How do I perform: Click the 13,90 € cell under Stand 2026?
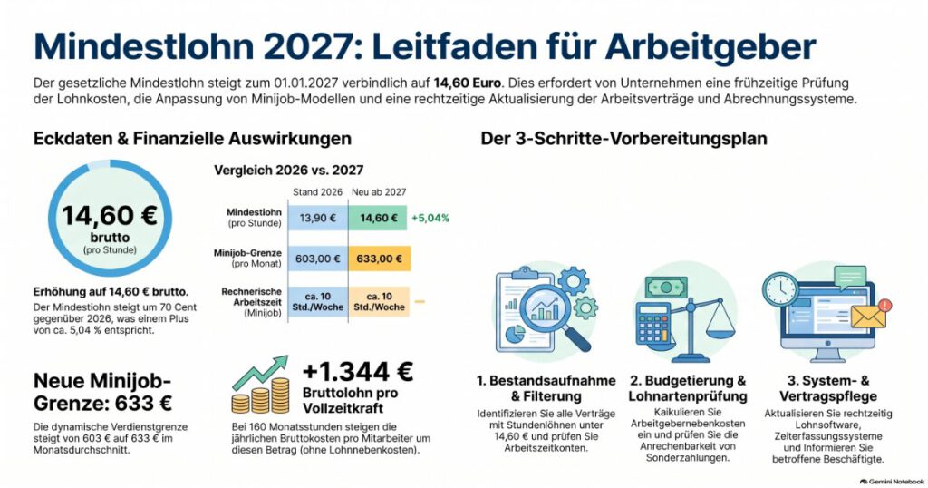318,218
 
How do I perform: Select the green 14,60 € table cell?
378,218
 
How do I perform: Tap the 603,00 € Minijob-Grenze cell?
318,259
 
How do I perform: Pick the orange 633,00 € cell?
380,259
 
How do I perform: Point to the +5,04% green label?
430,218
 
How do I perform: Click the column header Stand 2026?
318,192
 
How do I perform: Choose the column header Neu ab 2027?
379,192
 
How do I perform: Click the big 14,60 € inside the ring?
110,216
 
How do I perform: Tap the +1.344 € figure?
357,371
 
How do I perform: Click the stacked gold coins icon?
260,395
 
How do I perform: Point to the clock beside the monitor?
780,289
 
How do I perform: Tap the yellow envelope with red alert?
870,315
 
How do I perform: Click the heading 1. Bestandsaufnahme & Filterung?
546,388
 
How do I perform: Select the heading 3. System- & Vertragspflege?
828,388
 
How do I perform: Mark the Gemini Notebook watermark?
892,482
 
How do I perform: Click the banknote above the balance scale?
666,288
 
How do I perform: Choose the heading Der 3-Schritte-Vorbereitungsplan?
623,139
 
